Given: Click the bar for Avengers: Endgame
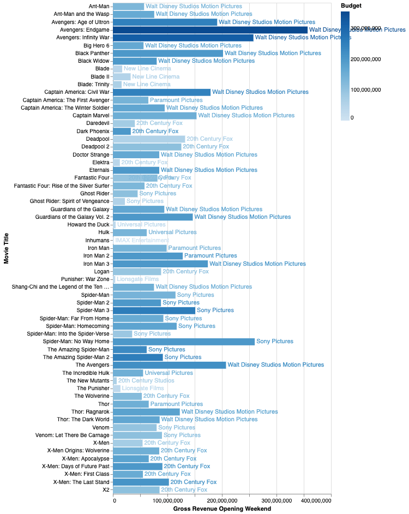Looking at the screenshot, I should pos(210,30).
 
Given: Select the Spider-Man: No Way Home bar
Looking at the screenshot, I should pos(184,342).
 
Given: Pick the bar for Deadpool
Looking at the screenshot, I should pos(149,139).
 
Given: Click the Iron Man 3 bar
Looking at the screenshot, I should pos(161,264).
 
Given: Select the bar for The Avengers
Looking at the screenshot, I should pos(170,364).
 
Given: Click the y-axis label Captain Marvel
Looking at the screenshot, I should pos(91,116).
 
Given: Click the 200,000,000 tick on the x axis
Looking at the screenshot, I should pos(222,500).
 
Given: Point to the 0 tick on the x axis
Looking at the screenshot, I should pos(114,500).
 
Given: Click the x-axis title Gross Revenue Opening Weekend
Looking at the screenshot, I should pos(222,509).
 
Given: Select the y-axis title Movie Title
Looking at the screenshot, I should pos(7,248).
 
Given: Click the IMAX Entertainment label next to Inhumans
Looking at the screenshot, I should pos(142,240).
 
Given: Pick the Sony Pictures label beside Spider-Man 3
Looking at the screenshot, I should pos(215,310).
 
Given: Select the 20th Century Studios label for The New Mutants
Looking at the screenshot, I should pos(146,380).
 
